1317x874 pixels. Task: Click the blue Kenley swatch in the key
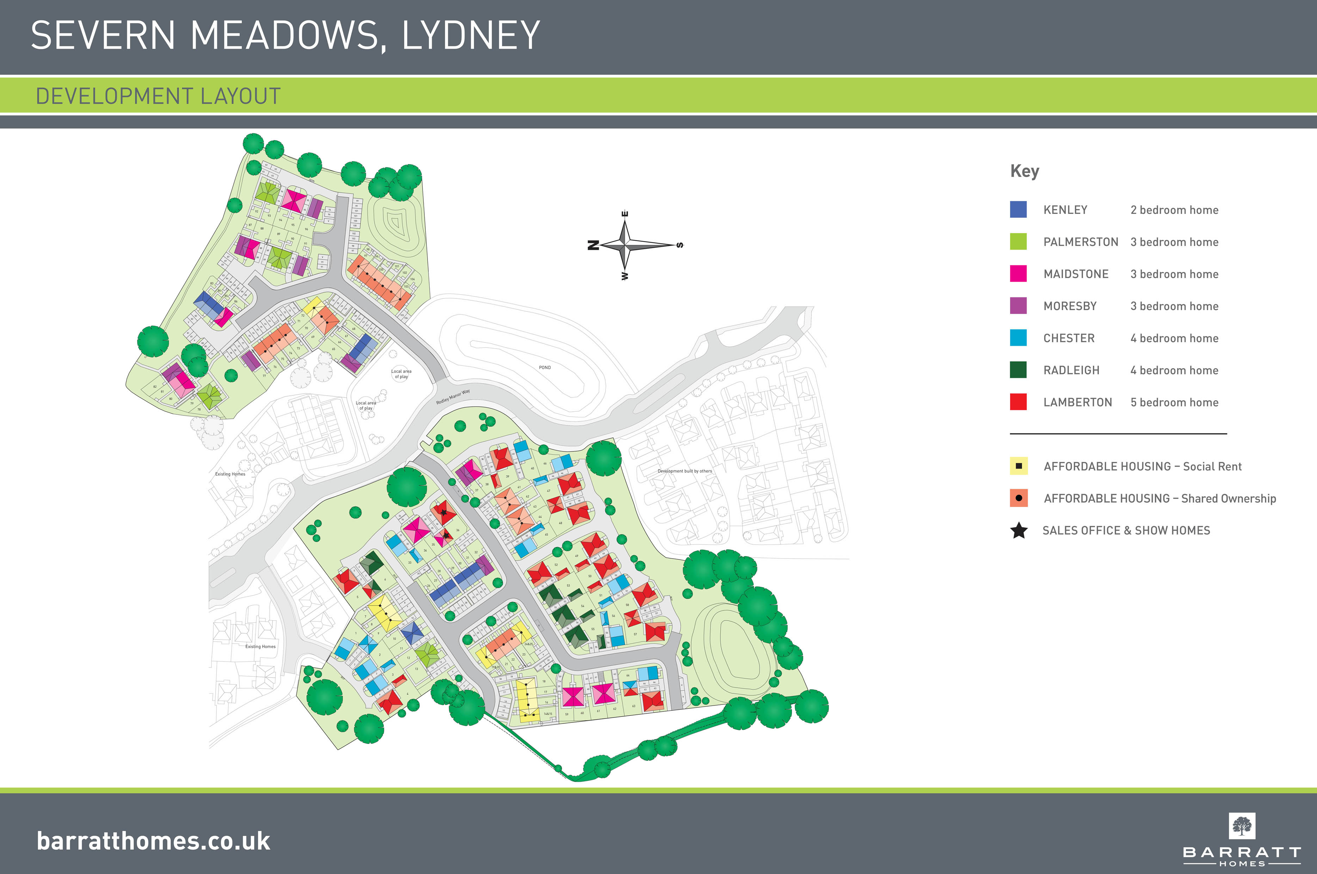tap(1018, 210)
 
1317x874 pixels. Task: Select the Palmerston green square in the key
tap(1018, 241)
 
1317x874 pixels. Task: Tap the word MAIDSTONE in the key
tap(1076, 274)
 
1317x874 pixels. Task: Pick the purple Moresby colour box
tap(1018, 306)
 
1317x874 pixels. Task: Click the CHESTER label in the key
tap(1069, 338)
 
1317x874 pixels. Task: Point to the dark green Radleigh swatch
tap(1018, 370)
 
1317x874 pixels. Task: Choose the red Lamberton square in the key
tap(1018, 402)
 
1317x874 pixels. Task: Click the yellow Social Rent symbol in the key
tap(1018, 466)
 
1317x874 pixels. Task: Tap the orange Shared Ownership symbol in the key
tap(1018, 498)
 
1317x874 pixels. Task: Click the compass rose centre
tap(625, 245)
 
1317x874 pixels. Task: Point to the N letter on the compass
tap(593, 245)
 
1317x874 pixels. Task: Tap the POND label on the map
tap(544, 367)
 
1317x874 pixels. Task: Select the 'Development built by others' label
tap(684, 471)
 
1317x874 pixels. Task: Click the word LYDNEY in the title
tap(470, 36)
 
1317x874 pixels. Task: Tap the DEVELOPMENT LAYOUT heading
tap(158, 96)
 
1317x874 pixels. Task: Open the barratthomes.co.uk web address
tap(153, 841)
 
